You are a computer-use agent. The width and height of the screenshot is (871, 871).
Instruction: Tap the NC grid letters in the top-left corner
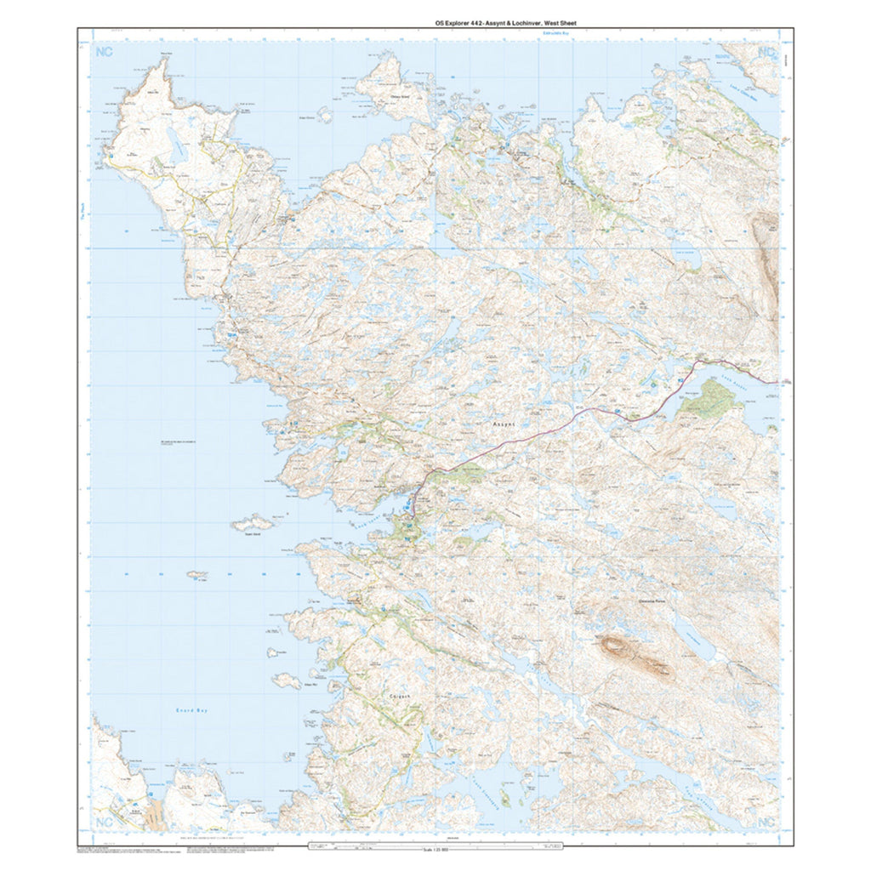pos(105,53)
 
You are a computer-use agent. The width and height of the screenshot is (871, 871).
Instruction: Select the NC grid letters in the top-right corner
pos(766,53)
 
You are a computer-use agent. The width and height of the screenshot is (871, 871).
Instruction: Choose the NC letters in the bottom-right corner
pos(766,822)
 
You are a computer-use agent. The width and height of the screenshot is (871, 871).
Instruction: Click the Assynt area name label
pos(505,423)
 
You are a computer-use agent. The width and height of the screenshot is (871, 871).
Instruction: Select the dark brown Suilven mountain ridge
pos(634,653)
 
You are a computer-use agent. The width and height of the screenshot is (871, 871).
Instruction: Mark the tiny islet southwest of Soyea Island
pos(197,576)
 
